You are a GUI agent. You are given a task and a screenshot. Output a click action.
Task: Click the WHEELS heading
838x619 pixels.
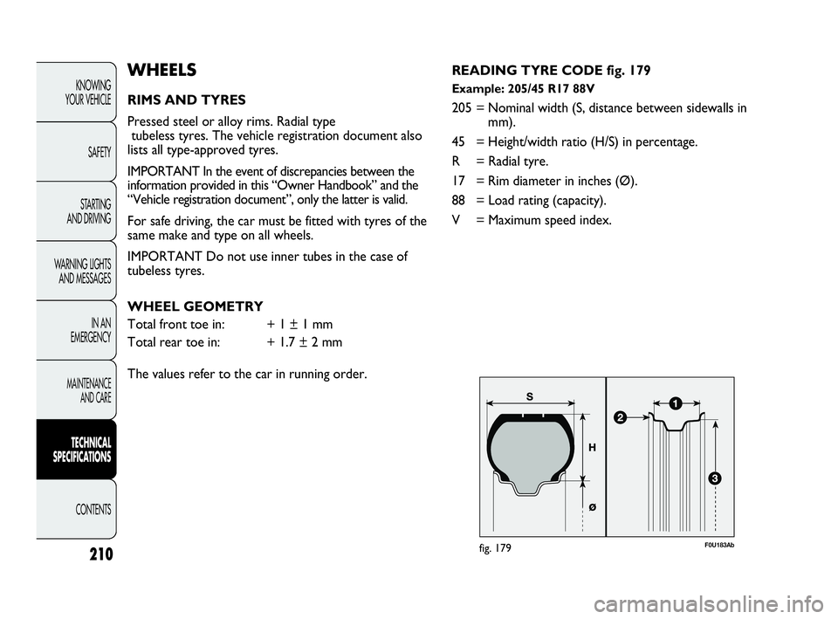pyautogui.click(x=162, y=70)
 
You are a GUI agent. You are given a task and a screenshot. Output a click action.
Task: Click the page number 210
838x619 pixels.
pyautogui.click(x=101, y=554)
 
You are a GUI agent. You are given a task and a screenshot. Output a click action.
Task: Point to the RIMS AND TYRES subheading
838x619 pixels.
pyautogui.click(x=187, y=100)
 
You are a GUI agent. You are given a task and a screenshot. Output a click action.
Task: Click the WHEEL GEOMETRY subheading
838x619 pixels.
pyautogui.click(x=195, y=306)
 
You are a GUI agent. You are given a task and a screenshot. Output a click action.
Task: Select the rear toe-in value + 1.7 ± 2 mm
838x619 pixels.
pyautogui.click(x=305, y=342)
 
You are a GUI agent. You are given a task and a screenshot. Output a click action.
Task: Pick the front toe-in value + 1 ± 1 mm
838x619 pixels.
pyautogui.click(x=299, y=325)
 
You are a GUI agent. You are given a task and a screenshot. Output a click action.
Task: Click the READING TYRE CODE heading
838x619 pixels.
pyautogui.click(x=551, y=71)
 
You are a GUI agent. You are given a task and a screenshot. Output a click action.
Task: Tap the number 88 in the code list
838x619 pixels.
pyautogui.click(x=458, y=201)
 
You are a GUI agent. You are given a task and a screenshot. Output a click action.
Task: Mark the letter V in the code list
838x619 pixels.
pyautogui.click(x=456, y=220)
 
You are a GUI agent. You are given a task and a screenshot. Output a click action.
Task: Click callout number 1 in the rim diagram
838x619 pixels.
pyautogui.click(x=675, y=404)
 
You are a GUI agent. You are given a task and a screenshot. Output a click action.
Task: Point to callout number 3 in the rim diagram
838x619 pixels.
pyautogui.click(x=715, y=478)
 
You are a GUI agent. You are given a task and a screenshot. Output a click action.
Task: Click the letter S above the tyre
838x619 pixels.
pyautogui.click(x=530, y=396)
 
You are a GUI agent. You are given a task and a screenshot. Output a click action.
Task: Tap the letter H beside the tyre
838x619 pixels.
pyautogui.click(x=592, y=448)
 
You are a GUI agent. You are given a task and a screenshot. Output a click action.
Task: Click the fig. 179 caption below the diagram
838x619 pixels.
pyautogui.click(x=496, y=548)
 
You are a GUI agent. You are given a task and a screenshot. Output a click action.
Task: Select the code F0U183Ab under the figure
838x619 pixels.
pyautogui.click(x=719, y=546)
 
